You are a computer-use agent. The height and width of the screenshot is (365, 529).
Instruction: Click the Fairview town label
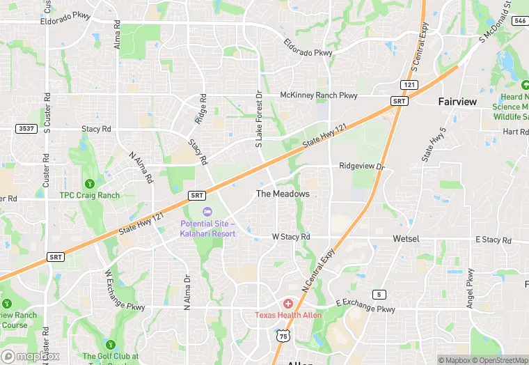coord(457,102)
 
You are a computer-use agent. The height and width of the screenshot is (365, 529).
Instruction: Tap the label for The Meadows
coord(283,194)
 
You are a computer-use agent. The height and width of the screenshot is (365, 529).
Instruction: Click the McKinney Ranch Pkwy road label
coord(318,95)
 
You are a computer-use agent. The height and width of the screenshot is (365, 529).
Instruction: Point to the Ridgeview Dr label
coord(361,166)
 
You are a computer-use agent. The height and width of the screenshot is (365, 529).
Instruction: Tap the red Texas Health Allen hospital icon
coord(287,304)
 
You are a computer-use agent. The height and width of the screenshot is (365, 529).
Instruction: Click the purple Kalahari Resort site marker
coord(206,212)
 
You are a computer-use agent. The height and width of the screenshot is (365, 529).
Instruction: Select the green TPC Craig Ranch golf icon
coord(89,184)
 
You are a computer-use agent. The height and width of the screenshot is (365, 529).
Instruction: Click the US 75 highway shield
coord(283,336)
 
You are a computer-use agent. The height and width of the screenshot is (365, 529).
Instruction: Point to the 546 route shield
coord(519,21)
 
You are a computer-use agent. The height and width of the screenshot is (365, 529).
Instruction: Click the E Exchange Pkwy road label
coord(365,306)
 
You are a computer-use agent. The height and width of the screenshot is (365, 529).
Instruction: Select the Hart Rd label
coord(515,132)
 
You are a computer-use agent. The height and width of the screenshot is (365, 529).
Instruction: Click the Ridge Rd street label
coord(202,109)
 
